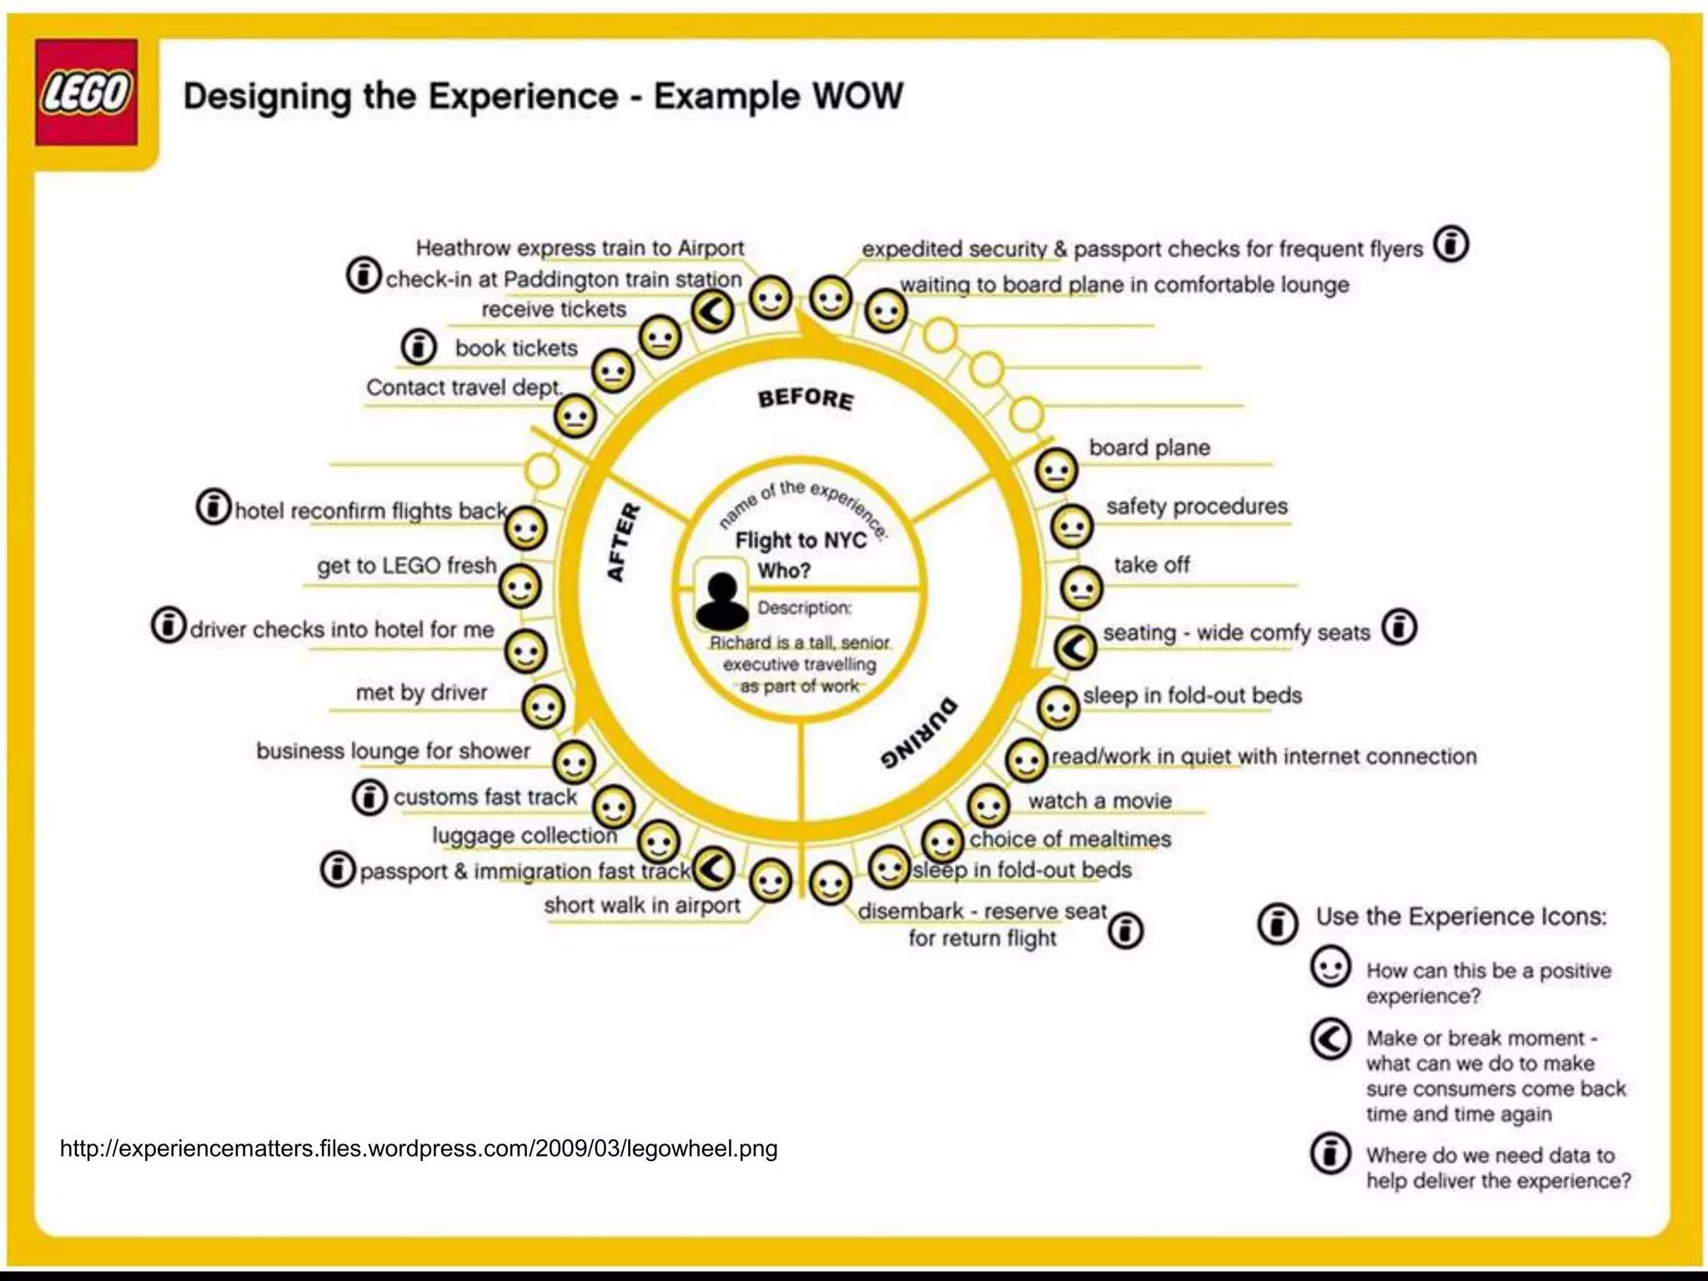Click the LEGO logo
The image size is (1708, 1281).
(x=86, y=93)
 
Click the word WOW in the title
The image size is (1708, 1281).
(x=858, y=96)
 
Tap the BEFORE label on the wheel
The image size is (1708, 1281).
(x=806, y=398)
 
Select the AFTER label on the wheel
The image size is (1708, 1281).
(x=623, y=542)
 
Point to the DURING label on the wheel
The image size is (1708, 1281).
(x=919, y=733)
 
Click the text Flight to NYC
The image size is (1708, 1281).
(x=801, y=540)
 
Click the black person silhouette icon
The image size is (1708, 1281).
(x=722, y=600)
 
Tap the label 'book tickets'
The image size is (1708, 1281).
(x=516, y=348)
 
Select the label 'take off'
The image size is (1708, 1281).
(x=1152, y=565)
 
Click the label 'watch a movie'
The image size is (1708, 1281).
(x=1100, y=801)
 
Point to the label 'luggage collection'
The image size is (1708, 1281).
(x=525, y=835)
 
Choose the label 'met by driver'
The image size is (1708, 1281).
(x=421, y=692)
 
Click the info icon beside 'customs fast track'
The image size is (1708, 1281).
(x=369, y=797)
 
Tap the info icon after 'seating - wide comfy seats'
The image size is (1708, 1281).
(x=1400, y=627)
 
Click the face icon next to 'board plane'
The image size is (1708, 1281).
(x=1056, y=470)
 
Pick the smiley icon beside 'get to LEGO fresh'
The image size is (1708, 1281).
(x=520, y=587)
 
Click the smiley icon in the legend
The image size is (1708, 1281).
(x=1330, y=967)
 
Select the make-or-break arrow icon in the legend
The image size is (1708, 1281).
(x=1330, y=1039)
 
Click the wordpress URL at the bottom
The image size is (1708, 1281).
(x=419, y=1148)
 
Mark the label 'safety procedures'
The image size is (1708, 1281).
(x=1197, y=506)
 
